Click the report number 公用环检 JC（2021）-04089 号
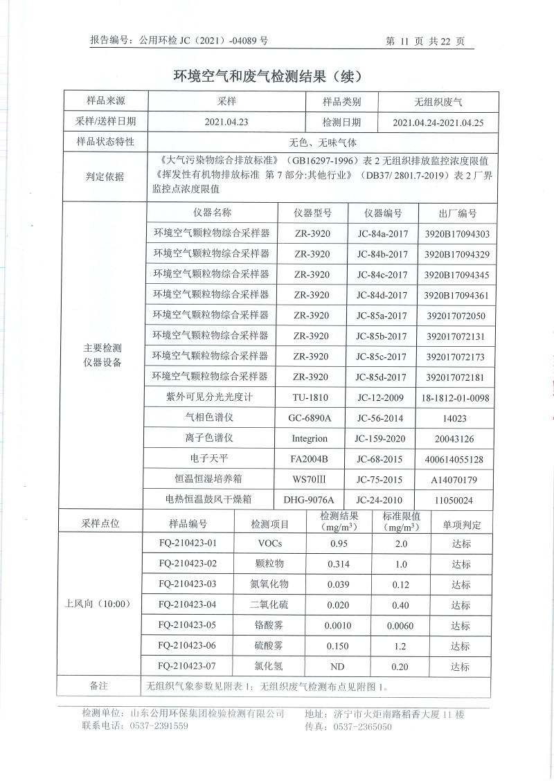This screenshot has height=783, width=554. pyautogui.click(x=204, y=41)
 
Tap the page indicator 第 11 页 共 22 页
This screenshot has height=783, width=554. pyautogui.click(x=425, y=42)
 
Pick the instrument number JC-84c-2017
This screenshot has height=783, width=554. pyautogui.click(x=382, y=275)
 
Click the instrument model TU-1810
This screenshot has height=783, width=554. pyautogui.click(x=311, y=397)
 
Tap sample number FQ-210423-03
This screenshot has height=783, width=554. pyautogui.click(x=188, y=584)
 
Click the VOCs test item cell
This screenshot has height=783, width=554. pyautogui.click(x=269, y=543)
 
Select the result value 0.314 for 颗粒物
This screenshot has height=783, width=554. pyautogui.click(x=338, y=564)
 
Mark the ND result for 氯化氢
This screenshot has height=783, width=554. pyautogui.click(x=338, y=667)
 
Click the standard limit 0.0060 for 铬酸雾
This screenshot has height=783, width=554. pyautogui.click(x=401, y=626)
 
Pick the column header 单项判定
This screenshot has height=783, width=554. pyautogui.click(x=461, y=524)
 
